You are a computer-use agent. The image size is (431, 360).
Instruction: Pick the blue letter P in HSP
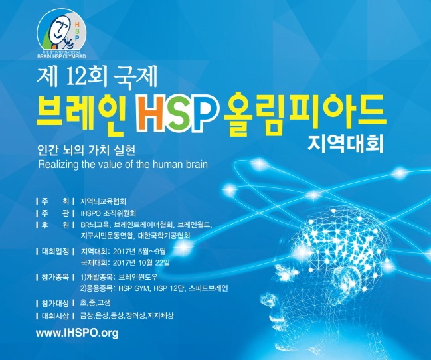(x=200, y=114)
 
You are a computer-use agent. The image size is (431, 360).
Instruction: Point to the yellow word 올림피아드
(x=304, y=114)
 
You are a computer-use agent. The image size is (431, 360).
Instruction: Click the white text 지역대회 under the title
(x=345, y=144)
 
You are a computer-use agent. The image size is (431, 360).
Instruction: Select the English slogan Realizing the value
(x=123, y=165)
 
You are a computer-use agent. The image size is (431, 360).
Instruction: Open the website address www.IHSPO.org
(x=77, y=333)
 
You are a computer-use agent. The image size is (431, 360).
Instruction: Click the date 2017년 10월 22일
(x=141, y=262)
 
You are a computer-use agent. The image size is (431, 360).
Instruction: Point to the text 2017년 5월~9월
(x=139, y=251)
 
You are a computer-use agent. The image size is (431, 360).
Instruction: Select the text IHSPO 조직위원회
(x=108, y=213)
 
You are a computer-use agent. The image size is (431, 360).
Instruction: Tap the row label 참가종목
(x=55, y=277)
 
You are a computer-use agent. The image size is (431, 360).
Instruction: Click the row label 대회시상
(x=55, y=315)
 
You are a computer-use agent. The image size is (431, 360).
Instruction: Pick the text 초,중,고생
(x=96, y=302)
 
